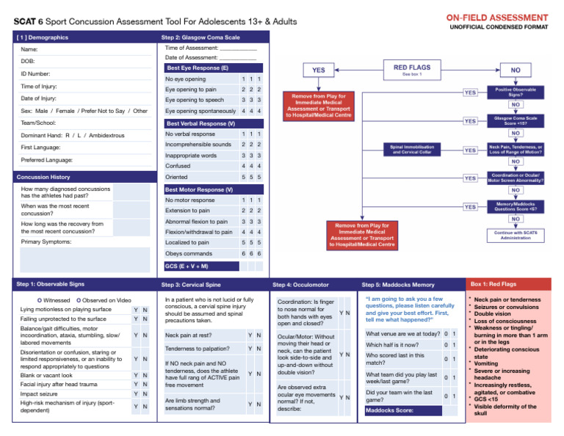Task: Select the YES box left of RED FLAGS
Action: (x=318, y=70)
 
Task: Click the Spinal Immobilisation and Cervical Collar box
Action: (x=416, y=150)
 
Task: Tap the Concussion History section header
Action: (x=44, y=177)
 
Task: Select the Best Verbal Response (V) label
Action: (x=200, y=123)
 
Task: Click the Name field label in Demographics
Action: (x=29, y=50)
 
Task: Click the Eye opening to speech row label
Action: (x=195, y=100)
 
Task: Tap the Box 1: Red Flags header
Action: (x=493, y=283)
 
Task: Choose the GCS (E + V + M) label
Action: (x=187, y=266)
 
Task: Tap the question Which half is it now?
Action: (x=392, y=345)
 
